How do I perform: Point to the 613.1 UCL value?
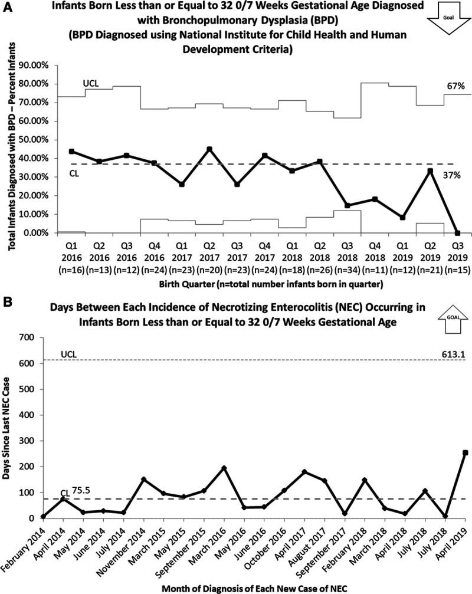(x=451, y=354)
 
